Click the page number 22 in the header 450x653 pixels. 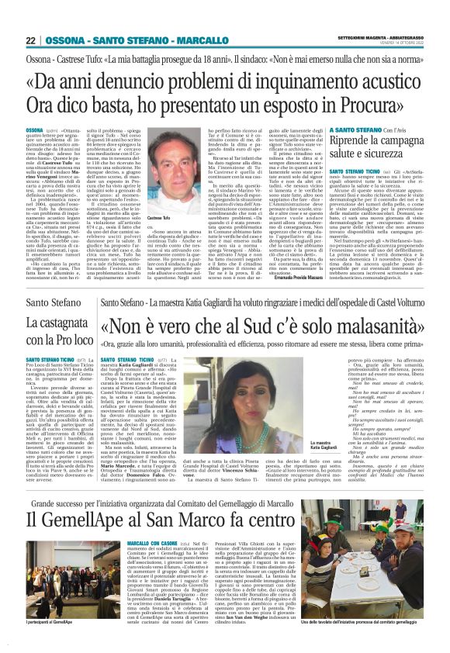(x=30, y=40)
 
